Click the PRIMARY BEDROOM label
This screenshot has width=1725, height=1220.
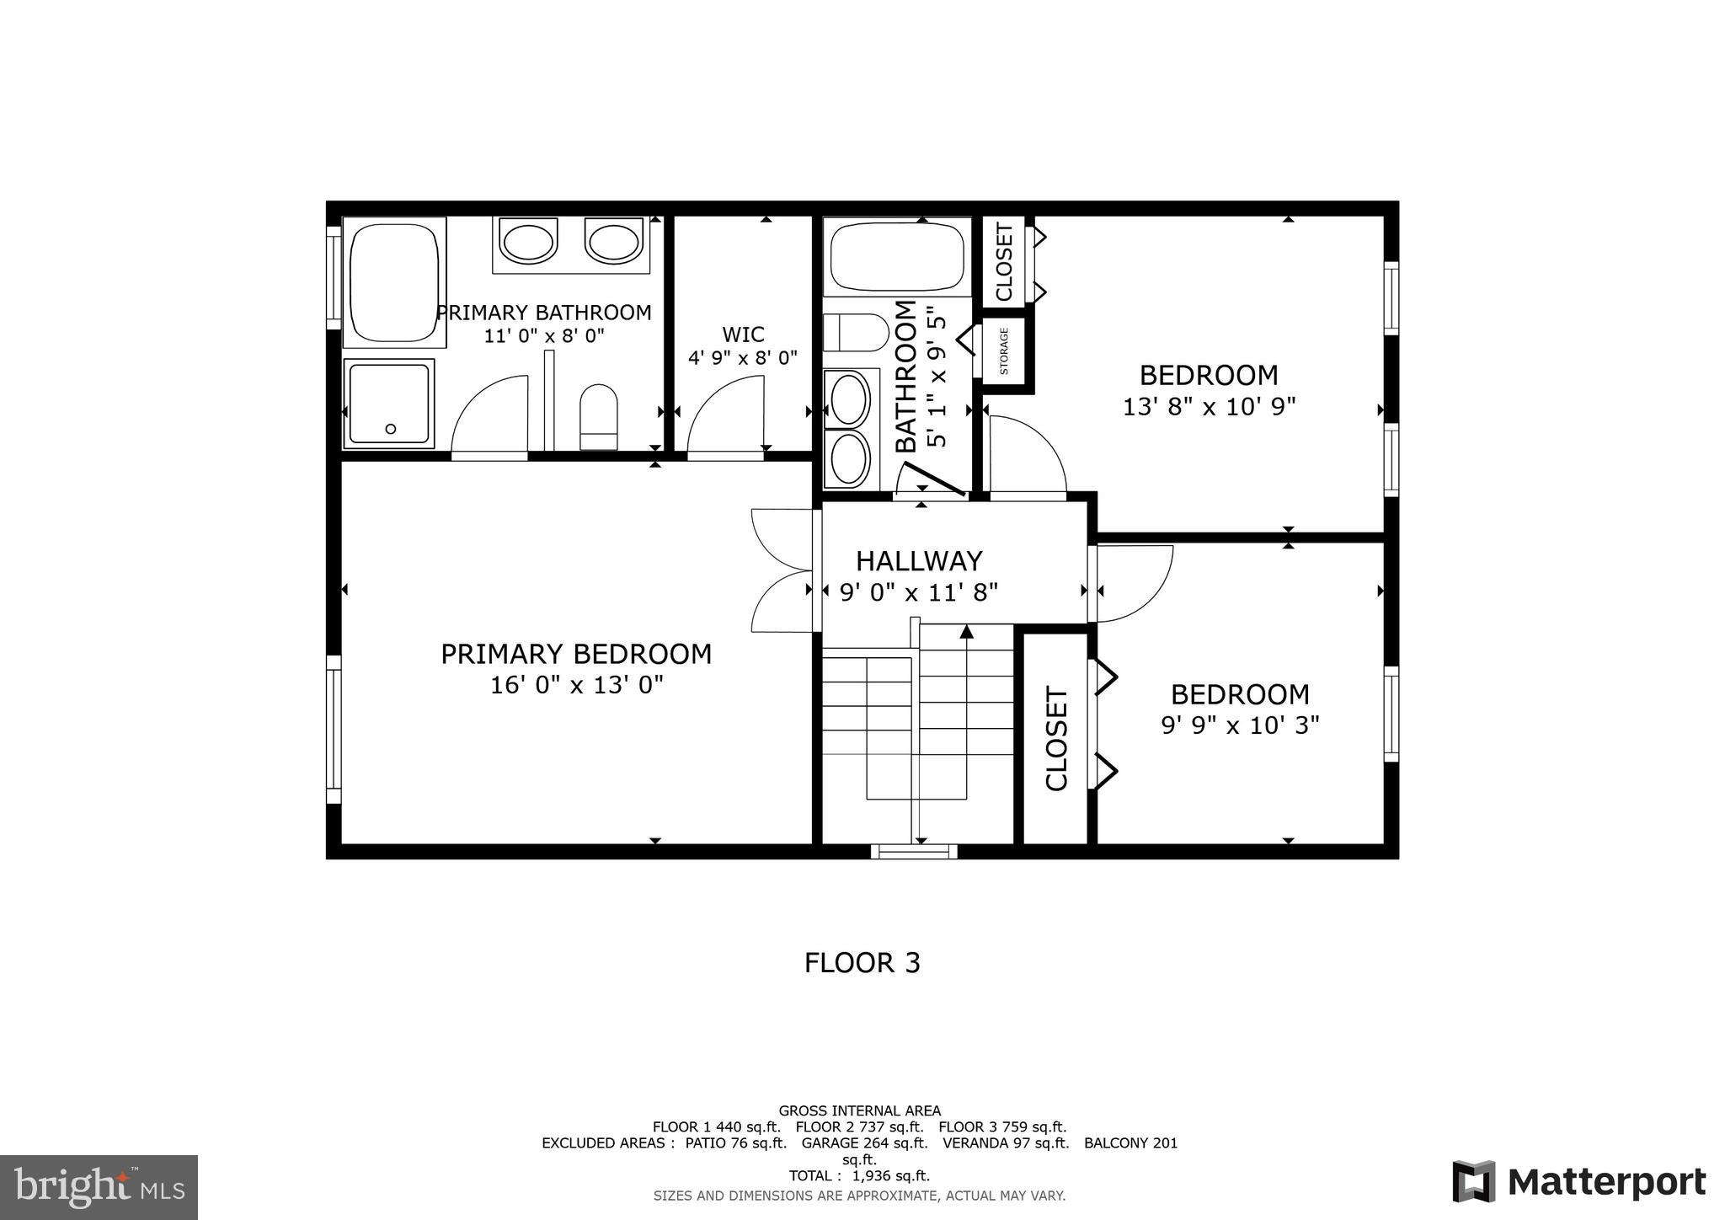(576, 655)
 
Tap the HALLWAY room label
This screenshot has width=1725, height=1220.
(919, 561)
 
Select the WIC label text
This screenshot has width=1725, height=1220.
(743, 334)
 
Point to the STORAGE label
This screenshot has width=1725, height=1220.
(1004, 351)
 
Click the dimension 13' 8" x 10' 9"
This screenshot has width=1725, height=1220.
(1209, 407)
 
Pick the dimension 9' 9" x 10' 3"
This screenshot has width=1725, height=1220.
(1240, 725)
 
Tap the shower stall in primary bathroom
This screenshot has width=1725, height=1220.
(389, 404)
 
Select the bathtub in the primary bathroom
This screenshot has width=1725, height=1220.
(393, 282)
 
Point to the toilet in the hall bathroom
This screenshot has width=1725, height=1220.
(854, 332)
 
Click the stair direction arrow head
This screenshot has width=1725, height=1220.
(966, 630)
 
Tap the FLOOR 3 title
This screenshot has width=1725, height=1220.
(862, 963)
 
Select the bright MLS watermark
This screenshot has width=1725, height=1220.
(99, 1187)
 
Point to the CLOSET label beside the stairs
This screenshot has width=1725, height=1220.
(1056, 739)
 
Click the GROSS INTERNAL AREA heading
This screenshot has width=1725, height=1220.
(859, 1111)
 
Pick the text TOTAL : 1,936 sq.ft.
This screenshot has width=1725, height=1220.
(859, 1176)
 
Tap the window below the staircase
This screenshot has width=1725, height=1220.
(914, 852)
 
